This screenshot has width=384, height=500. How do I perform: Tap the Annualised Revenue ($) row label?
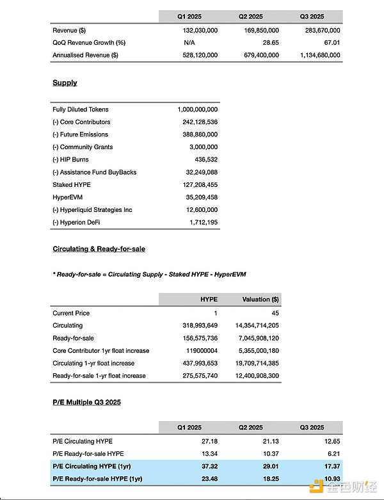85,55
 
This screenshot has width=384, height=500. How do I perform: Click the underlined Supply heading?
65,83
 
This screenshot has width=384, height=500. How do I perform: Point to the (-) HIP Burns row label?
70,159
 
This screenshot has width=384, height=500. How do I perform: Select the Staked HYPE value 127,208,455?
199,184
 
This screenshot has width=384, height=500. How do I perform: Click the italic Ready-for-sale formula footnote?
149,274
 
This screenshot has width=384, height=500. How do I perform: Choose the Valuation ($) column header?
260,299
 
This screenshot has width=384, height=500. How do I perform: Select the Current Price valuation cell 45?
275,313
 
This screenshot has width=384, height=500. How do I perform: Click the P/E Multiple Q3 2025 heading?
86,402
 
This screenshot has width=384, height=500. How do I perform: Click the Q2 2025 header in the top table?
251,17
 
